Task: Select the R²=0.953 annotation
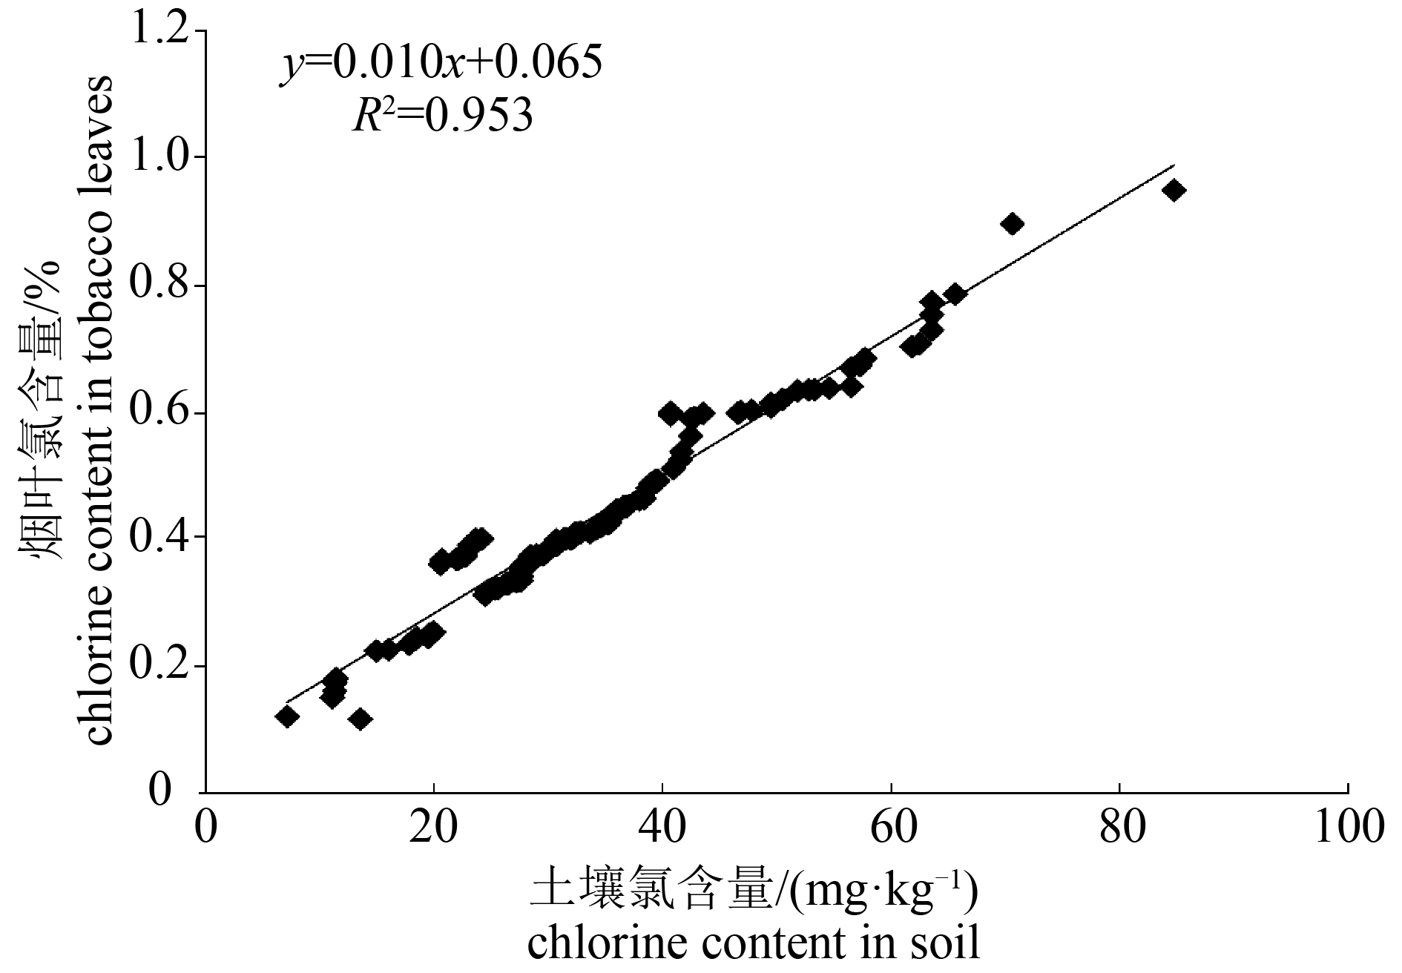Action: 442,116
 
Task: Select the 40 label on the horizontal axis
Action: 662,827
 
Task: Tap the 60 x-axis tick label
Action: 891,827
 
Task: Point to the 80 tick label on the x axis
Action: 1119,827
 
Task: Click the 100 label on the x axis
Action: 1346,827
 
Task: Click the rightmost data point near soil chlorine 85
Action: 1174,191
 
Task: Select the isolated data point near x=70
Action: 1013,223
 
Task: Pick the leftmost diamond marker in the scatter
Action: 286,716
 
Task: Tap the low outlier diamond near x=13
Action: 360,719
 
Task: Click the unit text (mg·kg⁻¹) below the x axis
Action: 883,894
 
